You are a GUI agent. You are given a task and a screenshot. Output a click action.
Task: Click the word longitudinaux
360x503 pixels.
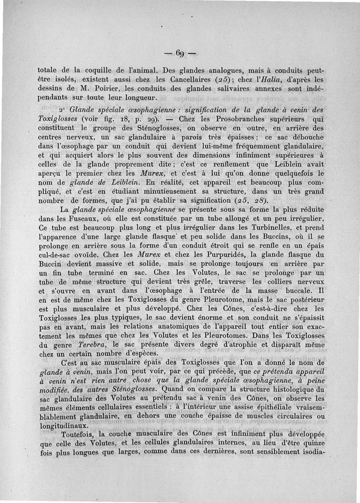coord(65,425)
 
